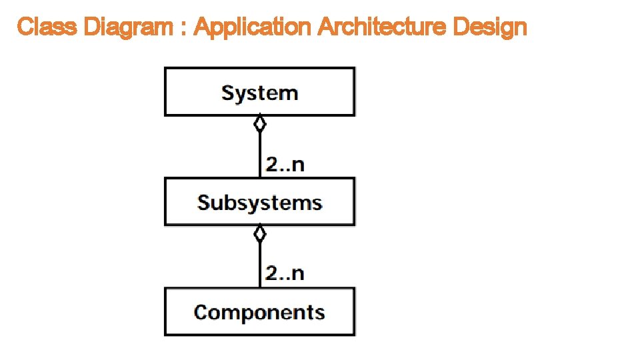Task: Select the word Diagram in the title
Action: tap(125, 27)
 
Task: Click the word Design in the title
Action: tap(490, 27)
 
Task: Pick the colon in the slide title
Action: tap(183, 29)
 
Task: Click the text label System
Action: tap(259, 93)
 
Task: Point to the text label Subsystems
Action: tap(259, 202)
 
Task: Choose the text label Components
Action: tap(259, 312)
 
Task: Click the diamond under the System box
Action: tap(260, 124)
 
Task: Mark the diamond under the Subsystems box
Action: tap(260, 233)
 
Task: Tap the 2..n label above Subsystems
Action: tap(285, 164)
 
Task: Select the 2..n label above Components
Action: tap(285, 273)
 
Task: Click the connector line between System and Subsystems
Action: tap(260, 155)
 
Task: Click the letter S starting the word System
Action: tap(227, 92)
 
